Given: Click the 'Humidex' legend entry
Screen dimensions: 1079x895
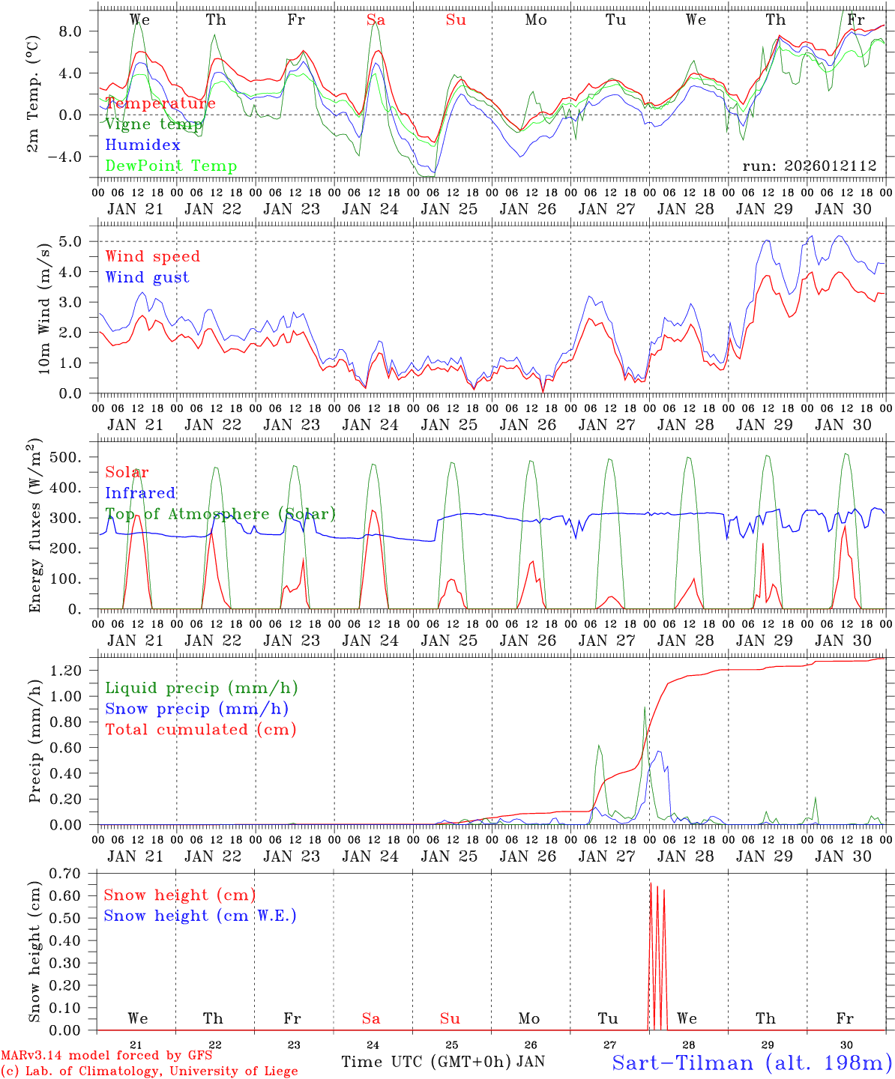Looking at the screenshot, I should [142, 145].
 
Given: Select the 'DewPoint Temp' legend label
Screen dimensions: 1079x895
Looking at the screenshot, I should [171, 166].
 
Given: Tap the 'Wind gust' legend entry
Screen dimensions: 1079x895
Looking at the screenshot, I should [147, 277].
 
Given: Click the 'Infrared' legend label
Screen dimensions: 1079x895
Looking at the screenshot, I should [140, 493].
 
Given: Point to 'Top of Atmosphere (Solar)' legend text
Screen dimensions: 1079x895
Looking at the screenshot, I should [220, 514].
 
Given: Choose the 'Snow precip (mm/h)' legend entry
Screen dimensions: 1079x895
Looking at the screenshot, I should [196, 709].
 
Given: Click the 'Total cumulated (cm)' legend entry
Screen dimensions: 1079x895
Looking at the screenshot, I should [200, 730].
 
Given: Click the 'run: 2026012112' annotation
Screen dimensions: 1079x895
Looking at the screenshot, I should [810, 166].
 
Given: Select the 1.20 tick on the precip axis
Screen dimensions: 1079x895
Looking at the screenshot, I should [73, 670].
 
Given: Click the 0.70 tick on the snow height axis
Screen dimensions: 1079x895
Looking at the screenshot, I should [73, 873].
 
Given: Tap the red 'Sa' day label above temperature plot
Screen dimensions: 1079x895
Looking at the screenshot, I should [376, 20].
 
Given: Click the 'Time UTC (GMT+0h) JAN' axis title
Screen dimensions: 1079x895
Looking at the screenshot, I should [443, 1062].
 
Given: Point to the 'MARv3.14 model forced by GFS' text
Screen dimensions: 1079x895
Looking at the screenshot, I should [106, 1056].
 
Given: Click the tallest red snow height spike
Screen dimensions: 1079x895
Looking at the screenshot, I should [651, 886].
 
